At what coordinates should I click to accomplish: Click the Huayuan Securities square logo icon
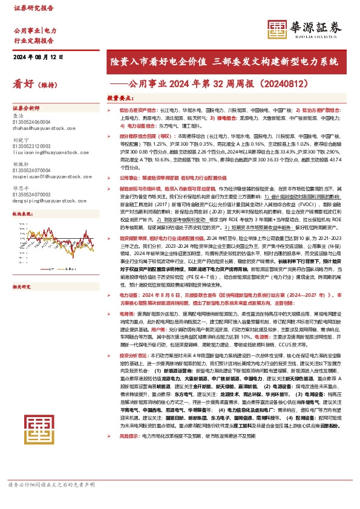tap(277, 29)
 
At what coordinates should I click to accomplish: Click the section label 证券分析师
tap(26, 106)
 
